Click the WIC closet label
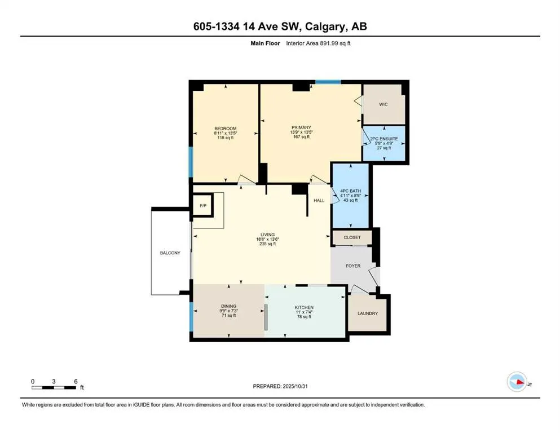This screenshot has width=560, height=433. [x=383, y=104]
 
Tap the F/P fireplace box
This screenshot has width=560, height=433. [x=202, y=206]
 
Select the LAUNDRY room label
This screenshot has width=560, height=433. [x=367, y=313]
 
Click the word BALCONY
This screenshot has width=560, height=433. [x=170, y=253]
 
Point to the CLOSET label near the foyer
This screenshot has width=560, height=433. [x=352, y=237]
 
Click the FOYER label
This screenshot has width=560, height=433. [x=353, y=266]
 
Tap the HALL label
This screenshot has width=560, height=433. [x=319, y=200]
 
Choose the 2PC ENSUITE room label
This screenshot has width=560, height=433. [x=384, y=139]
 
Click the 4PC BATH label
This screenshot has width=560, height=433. [x=350, y=191]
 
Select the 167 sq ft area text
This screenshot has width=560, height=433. [x=302, y=137]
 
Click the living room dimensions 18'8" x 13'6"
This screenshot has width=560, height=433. [x=267, y=239]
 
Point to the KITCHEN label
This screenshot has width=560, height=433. [x=304, y=308]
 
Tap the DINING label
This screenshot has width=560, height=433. [x=228, y=306]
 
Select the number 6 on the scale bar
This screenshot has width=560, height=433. [x=75, y=381]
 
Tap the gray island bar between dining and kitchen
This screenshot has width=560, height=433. [x=264, y=319]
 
